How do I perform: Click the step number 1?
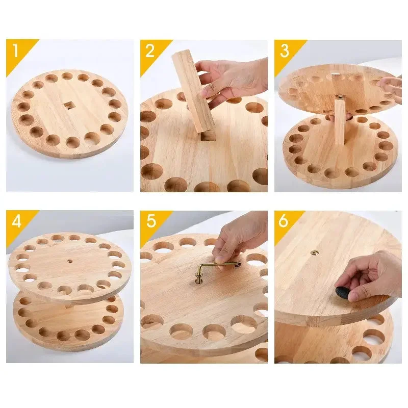tap(16, 50)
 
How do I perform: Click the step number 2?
tap(150, 50)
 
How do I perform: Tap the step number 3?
tap(285, 50)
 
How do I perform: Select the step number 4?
tap(16, 221)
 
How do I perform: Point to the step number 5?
tap(151, 221)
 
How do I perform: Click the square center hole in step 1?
tap(68, 106)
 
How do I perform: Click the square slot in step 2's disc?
tap(208, 136)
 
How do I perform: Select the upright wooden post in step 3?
tap(340, 120)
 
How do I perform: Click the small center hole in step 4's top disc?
tap(70, 261)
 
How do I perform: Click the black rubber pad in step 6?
tap(341, 291)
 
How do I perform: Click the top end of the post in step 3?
tap(340, 97)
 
